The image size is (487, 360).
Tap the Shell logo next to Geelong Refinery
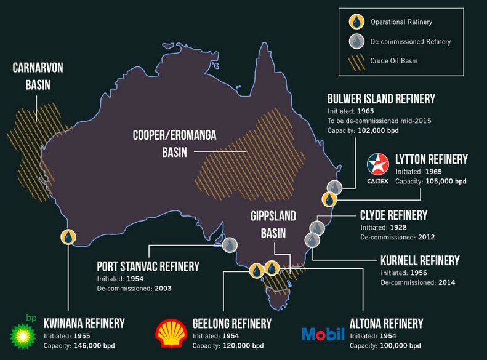tap(172, 330)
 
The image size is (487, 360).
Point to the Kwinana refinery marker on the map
tap(68, 236)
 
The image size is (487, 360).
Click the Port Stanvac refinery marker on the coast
tap(230, 244)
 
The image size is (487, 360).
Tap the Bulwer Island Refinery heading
tap(381, 98)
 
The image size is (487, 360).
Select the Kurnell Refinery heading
tap(420, 260)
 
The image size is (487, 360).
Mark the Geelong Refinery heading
tap(231, 323)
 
